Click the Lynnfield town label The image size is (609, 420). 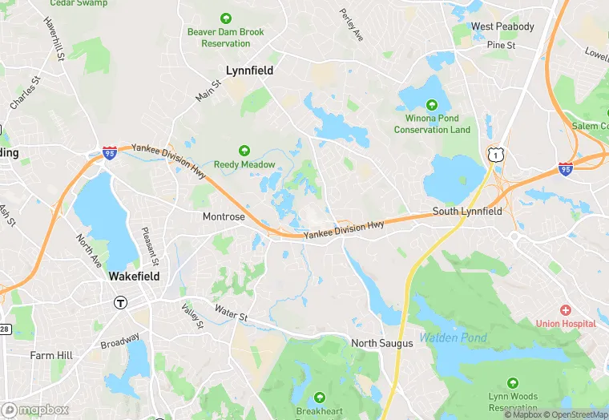(x=249, y=71)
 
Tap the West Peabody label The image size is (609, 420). (x=502, y=26)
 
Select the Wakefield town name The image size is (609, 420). (x=134, y=276)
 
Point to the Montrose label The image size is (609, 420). (x=224, y=217)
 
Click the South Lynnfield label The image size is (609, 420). (x=467, y=212)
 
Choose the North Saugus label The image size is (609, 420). (x=382, y=343)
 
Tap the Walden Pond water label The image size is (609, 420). (x=453, y=337)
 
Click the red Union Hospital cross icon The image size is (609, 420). (x=566, y=310)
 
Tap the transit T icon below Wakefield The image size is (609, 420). (x=120, y=302)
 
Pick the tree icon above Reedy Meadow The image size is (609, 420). (x=244, y=151)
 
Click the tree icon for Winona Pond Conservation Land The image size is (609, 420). (x=432, y=105)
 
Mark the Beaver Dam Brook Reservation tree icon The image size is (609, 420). (x=226, y=18)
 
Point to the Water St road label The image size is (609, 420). (x=231, y=314)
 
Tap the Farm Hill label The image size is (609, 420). (x=51, y=355)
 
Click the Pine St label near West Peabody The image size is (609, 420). (x=501, y=46)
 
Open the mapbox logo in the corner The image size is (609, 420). (x=36, y=409)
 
